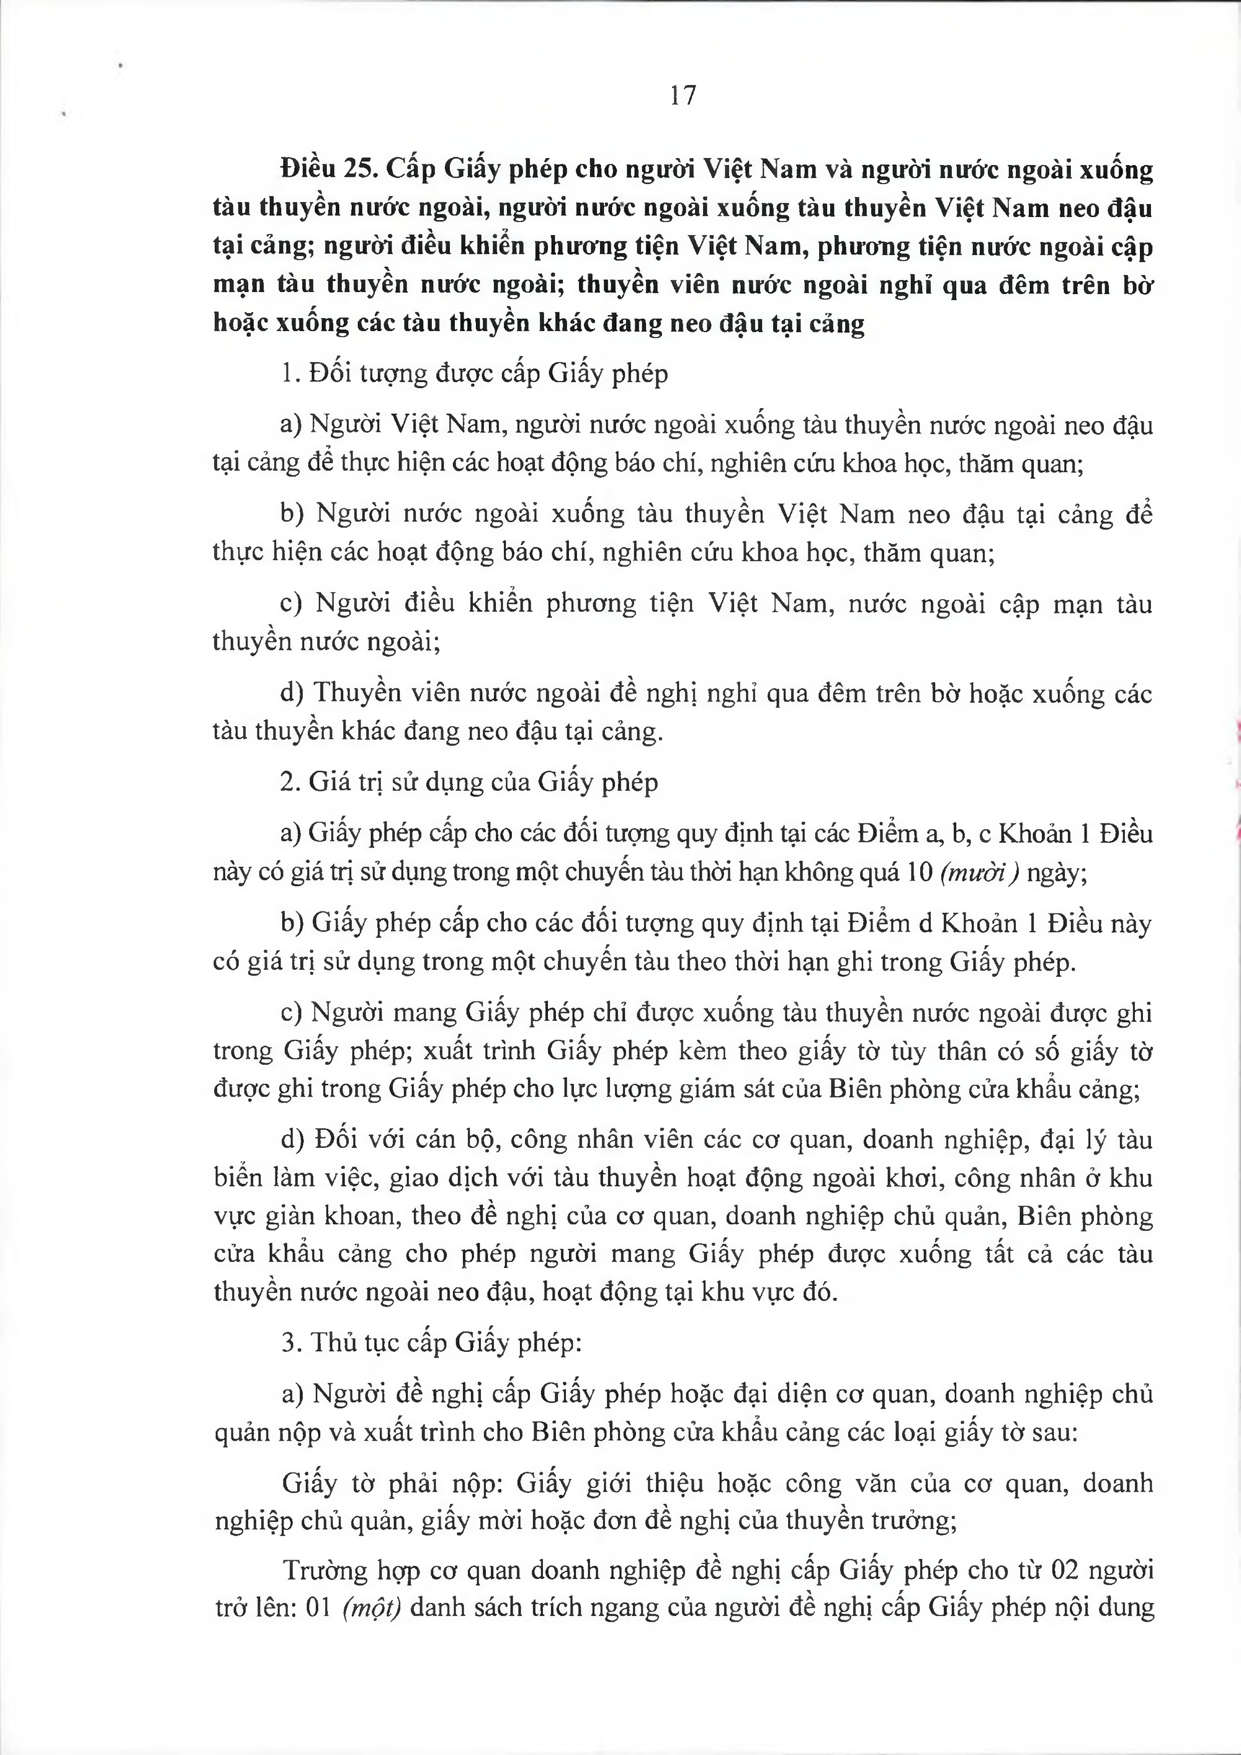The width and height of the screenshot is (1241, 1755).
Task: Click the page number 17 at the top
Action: [683, 96]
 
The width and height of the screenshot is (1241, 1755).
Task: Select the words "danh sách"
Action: [467, 1607]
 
